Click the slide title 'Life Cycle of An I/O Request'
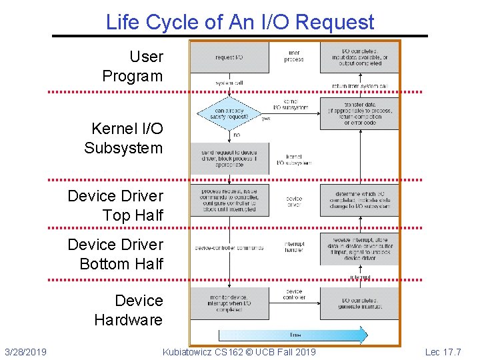click(240, 22)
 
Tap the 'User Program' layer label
click(132, 67)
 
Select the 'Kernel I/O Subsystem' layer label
click(123, 138)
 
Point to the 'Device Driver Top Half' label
click(115, 205)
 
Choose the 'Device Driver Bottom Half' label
click(115, 254)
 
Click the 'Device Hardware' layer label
click(129, 310)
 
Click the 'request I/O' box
click(229, 57)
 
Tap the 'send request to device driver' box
click(229, 158)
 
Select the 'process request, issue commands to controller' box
click(229, 199)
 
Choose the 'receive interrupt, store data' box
click(359, 248)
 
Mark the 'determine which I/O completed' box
click(359, 199)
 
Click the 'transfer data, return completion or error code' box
click(359, 114)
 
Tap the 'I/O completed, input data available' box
click(359, 57)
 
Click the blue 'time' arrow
click(293, 334)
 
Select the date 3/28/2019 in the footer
click(25, 351)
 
